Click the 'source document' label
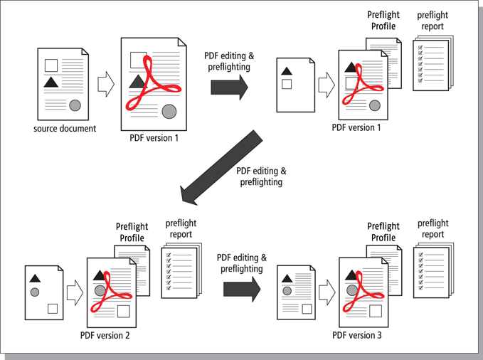pyautogui.click(x=65, y=129)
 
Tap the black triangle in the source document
pyautogui.click(x=51, y=83)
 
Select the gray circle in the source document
pyautogui.click(x=75, y=105)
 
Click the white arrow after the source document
pyautogui.click(x=106, y=84)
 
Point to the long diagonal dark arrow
pyautogui.click(x=222, y=167)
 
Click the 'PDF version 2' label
pyautogui.click(x=105, y=335)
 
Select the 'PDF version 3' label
pyautogui.click(x=356, y=335)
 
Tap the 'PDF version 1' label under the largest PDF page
pyautogui.click(x=154, y=138)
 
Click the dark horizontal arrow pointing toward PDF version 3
pyautogui.click(x=242, y=289)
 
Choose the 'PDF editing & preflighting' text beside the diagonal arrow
pyautogui.click(x=261, y=176)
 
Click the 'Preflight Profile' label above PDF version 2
pyautogui.click(x=132, y=232)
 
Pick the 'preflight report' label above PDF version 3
pyautogui.click(x=432, y=228)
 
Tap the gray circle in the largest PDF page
pyautogui.click(x=169, y=111)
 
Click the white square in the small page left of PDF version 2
pyautogui.click(x=53, y=309)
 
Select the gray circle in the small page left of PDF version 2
pyautogui.click(x=35, y=292)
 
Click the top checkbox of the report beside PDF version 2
pyautogui.click(x=169, y=255)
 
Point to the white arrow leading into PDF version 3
pyautogui.click(x=327, y=292)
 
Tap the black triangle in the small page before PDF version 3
pyautogui.click(x=287, y=279)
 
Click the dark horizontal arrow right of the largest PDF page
pyautogui.click(x=230, y=88)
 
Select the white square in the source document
pyautogui.click(x=51, y=65)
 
